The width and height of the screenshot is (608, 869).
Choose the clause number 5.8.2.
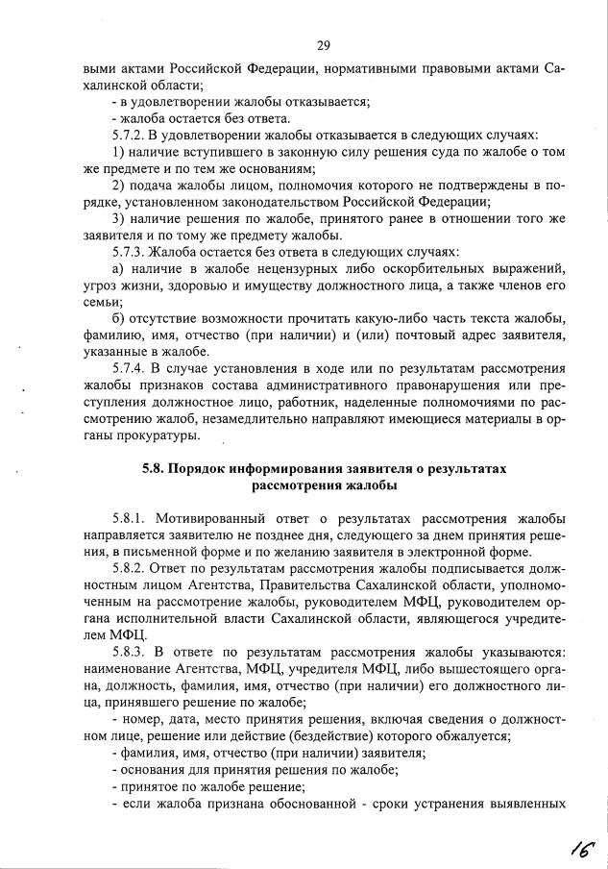tap(132, 568)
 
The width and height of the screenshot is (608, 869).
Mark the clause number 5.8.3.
tap(132, 652)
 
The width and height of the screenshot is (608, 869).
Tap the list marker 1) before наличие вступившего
tap(119, 152)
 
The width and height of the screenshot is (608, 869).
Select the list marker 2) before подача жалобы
tap(119, 186)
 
